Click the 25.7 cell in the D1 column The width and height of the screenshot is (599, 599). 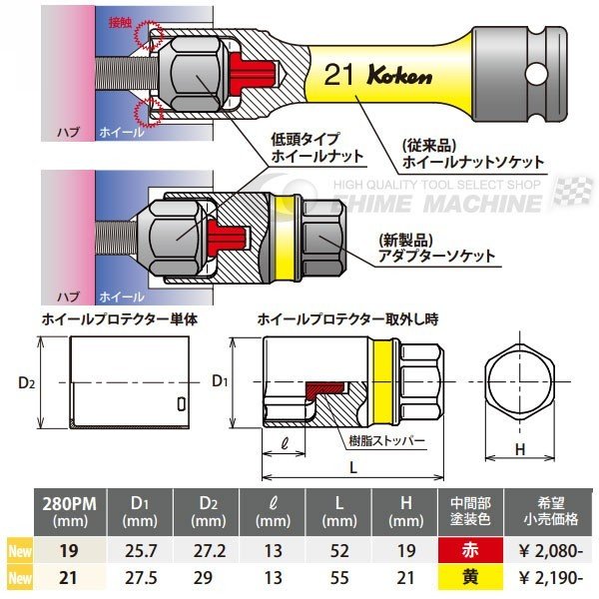pos(144,549)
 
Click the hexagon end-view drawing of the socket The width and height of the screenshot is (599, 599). pos(520,383)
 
